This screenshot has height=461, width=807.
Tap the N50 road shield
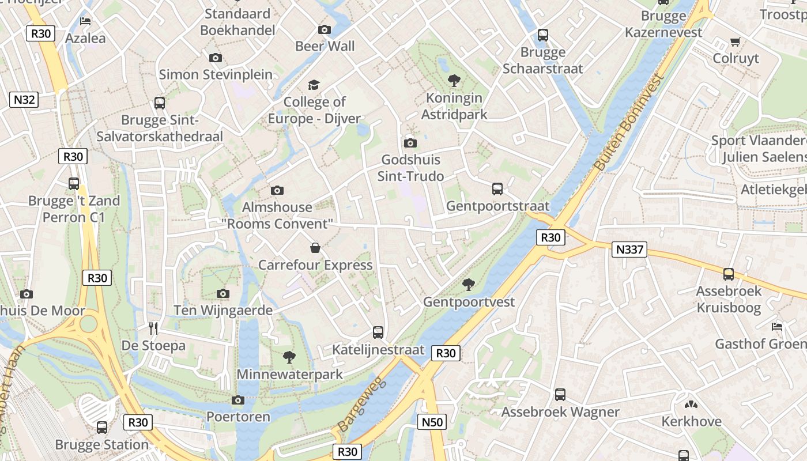pyautogui.click(x=432, y=422)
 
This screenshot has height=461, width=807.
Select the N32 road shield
pyautogui.click(x=24, y=100)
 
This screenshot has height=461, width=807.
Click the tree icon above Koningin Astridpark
pyautogui.click(x=454, y=81)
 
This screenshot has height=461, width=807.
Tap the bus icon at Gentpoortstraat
pyautogui.click(x=497, y=188)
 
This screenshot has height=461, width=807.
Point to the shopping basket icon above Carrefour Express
pyautogui.click(x=315, y=248)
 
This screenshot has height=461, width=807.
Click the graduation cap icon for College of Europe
pyautogui.click(x=314, y=85)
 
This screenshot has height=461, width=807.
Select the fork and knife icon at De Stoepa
pyautogui.click(x=153, y=328)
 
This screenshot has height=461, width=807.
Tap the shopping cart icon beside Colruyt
pyautogui.click(x=735, y=41)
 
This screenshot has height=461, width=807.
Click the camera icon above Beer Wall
pyautogui.click(x=325, y=29)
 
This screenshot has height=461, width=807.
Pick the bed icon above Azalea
pyautogui.click(x=85, y=21)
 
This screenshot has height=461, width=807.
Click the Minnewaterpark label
pyautogui.click(x=290, y=375)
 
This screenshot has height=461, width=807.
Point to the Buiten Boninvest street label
pyautogui.click(x=629, y=123)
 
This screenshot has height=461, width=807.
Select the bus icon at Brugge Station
pyautogui.click(x=102, y=428)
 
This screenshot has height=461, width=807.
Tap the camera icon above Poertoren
pyautogui.click(x=238, y=400)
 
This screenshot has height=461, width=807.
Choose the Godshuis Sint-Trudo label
pyautogui.click(x=411, y=168)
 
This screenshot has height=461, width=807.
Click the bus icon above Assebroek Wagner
pyautogui.click(x=560, y=395)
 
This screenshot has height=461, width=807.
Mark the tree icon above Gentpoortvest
pyautogui.click(x=469, y=284)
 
